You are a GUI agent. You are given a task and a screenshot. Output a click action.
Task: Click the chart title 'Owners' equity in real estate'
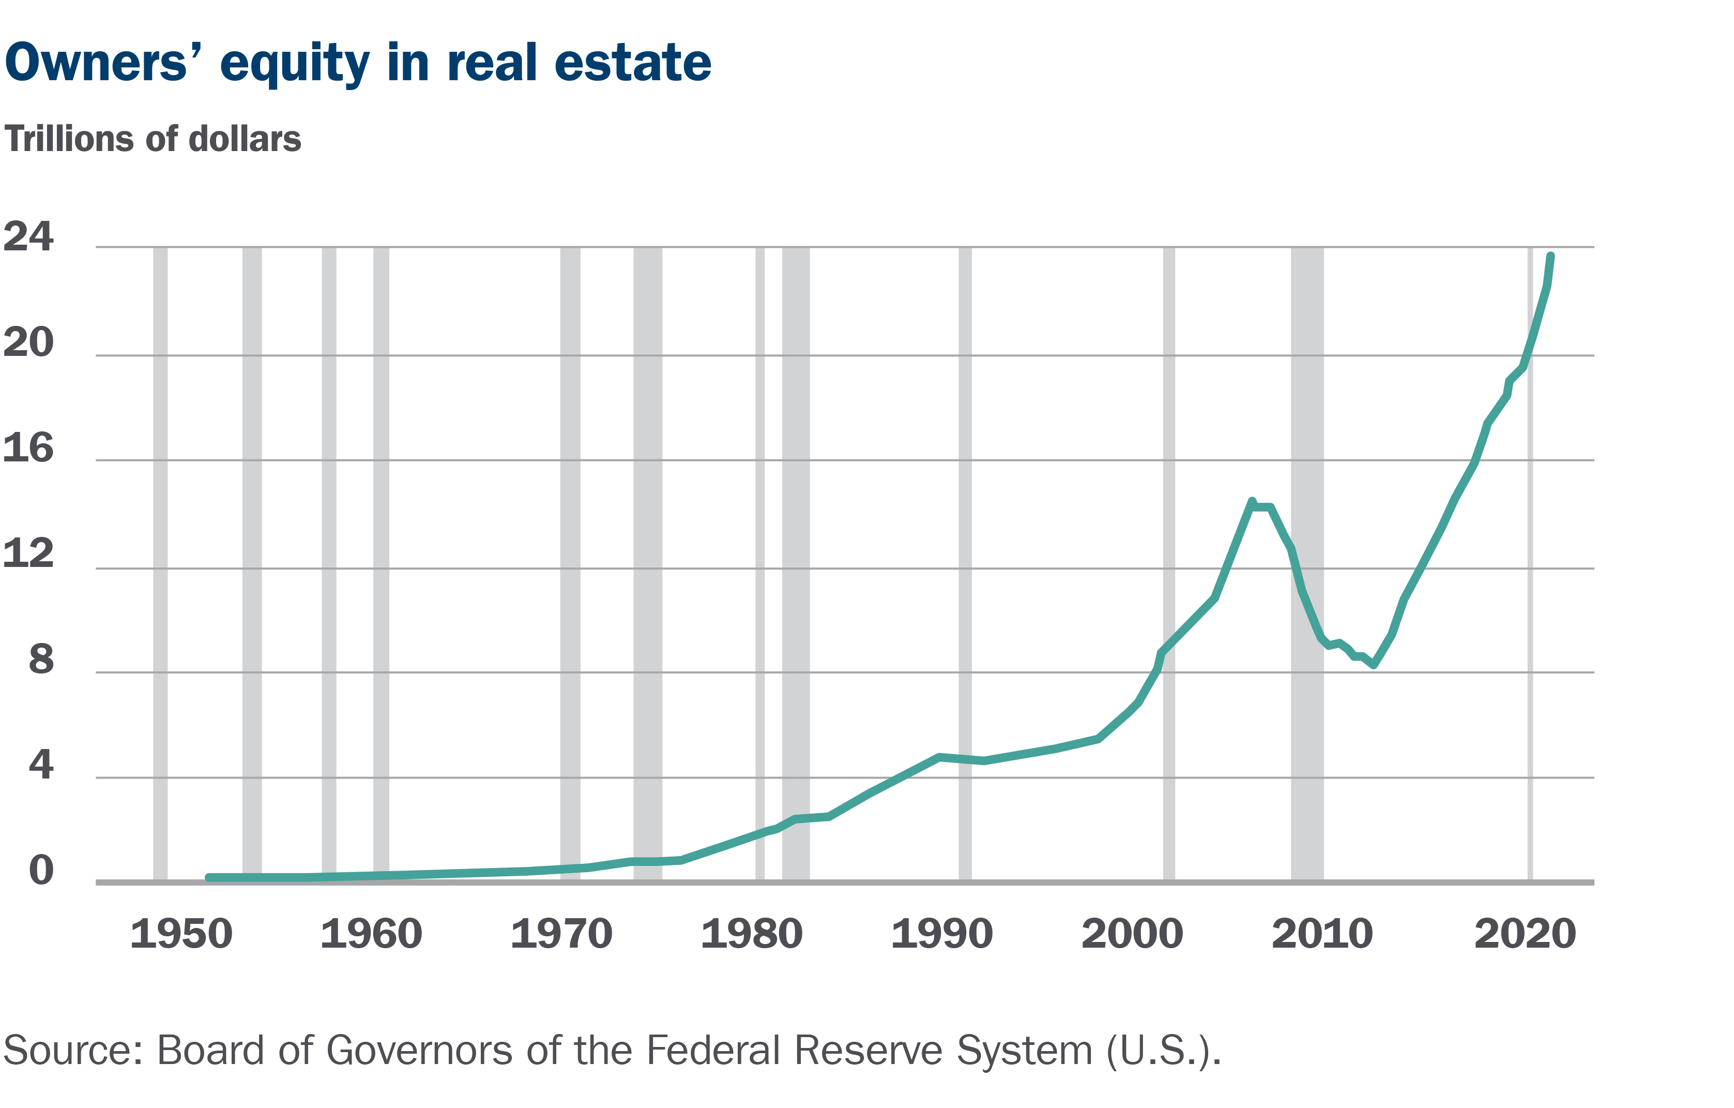[358, 64]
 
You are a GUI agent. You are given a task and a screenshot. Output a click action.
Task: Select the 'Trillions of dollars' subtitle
[153, 139]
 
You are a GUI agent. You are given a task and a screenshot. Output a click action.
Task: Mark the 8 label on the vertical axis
[41, 659]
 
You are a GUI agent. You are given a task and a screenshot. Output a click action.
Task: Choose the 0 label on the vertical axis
[41, 870]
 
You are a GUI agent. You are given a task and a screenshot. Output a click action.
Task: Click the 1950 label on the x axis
[181, 934]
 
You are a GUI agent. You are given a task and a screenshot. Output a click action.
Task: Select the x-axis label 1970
[561, 934]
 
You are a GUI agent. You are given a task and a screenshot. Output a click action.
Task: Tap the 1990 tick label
[942, 934]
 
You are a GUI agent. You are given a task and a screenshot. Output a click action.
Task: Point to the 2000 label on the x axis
[1132, 934]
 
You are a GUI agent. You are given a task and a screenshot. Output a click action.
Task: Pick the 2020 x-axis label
[1525, 934]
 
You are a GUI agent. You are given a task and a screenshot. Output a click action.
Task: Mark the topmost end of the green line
[1550, 257]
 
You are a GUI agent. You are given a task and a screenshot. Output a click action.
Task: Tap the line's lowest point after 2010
[1374, 665]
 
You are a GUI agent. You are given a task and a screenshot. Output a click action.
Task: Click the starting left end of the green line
[209, 877]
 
